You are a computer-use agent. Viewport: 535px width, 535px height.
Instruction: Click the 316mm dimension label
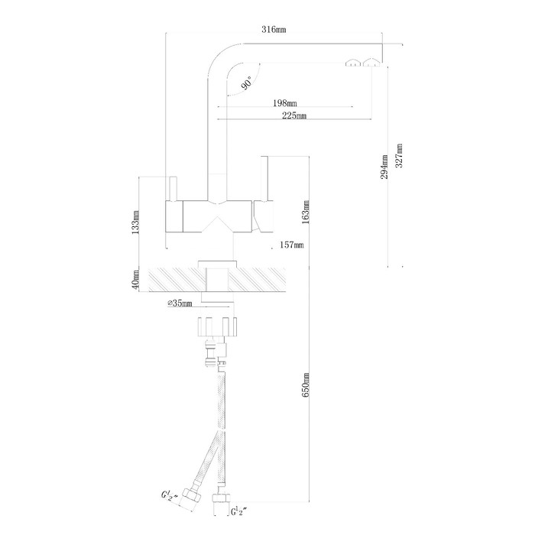click(x=274, y=29)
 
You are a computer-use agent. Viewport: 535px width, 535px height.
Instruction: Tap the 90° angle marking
click(x=247, y=83)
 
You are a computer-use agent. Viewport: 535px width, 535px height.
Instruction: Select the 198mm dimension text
click(x=285, y=102)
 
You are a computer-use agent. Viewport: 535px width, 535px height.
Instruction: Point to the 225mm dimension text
click(x=294, y=115)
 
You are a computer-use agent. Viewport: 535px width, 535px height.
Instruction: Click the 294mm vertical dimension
click(x=384, y=167)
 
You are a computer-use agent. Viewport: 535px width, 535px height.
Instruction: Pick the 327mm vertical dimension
click(x=399, y=156)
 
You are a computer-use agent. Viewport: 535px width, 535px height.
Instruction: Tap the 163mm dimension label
click(x=306, y=212)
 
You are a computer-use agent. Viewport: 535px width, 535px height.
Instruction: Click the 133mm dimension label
click(x=135, y=222)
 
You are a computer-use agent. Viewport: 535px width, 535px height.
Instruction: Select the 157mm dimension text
click(x=291, y=245)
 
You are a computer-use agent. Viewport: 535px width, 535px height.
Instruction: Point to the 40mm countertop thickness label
click(x=135, y=280)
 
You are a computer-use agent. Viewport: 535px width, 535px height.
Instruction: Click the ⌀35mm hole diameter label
click(x=180, y=303)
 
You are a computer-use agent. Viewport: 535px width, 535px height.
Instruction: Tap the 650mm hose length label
click(x=306, y=384)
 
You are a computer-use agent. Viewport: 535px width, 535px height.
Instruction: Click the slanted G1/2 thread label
click(x=170, y=494)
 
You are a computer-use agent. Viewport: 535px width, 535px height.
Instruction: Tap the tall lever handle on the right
click(x=265, y=179)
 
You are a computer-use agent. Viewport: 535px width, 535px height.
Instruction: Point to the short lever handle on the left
click(x=173, y=188)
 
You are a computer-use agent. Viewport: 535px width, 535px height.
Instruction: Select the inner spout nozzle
click(x=353, y=63)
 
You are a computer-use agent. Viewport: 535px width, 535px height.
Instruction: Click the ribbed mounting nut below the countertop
click(x=217, y=326)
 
